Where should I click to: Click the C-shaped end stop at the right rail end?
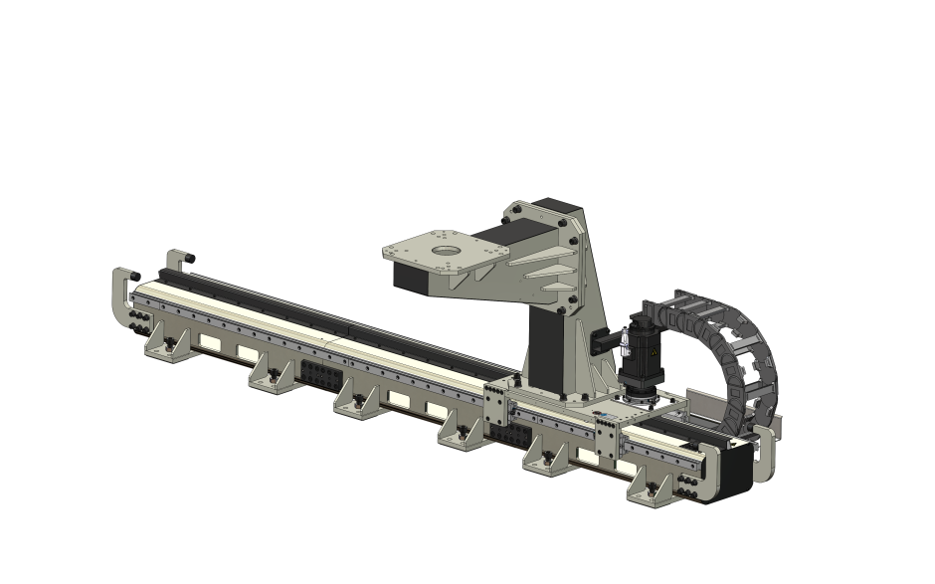[x=767, y=453]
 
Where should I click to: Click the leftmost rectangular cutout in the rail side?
[x=210, y=341]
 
